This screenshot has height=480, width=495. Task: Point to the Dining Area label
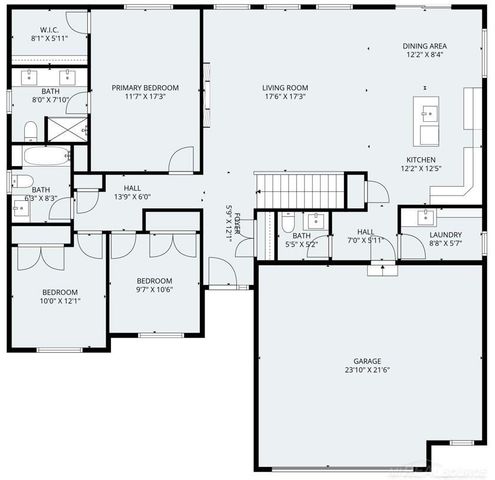point(424,51)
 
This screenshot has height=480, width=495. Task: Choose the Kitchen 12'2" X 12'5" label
point(420,165)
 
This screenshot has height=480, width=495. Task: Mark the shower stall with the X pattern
point(68,128)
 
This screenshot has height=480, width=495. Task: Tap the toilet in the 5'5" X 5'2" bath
point(287,223)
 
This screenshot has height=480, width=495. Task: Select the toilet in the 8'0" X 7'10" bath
point(30,129)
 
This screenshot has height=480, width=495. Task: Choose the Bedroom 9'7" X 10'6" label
point(155,285)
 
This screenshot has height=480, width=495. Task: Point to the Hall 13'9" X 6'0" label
point(132,192)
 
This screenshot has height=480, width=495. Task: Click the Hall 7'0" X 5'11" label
point(365,235)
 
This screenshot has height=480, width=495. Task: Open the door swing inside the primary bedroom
point(181,158)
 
